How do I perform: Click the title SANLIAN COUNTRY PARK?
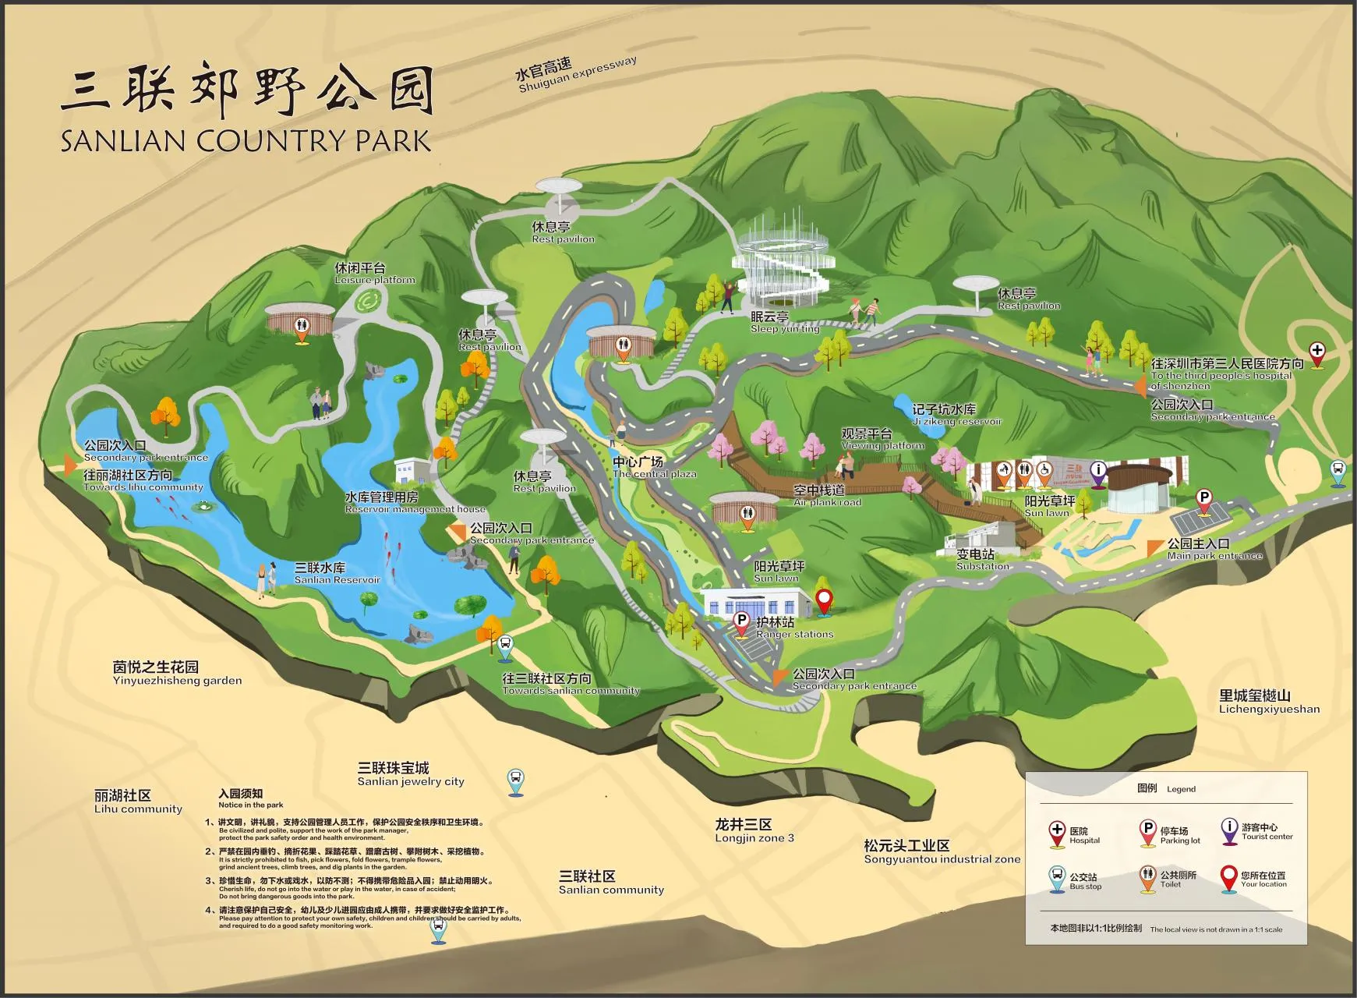coord(246,140)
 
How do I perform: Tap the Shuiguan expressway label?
coord(577,74)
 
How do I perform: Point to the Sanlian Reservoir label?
coord(337,573)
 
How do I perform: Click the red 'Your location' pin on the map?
coord(824,602)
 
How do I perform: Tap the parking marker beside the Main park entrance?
coord(1203,501)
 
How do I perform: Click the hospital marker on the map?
coord(1316,353)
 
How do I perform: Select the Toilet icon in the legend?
coord(1147,878)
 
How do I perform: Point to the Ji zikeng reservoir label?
coord(956,415)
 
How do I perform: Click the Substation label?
coord(982,559)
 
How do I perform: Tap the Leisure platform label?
coord(375,274)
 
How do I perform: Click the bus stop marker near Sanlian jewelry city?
coord(515,780)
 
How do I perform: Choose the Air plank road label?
coord(827,496)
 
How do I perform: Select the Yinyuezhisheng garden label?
coord(177,673)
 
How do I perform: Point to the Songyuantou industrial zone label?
coord(942,852)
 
